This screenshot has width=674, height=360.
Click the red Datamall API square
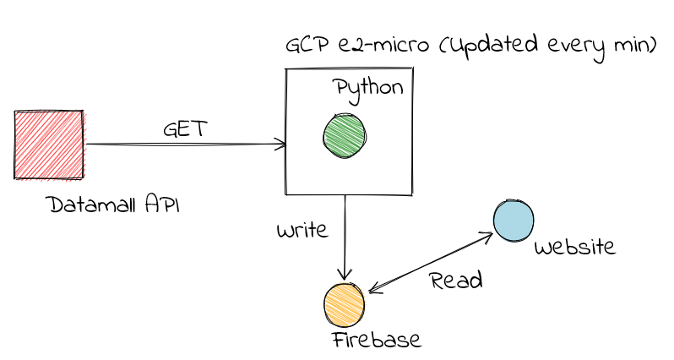click(48, 145)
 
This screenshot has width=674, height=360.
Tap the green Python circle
click(344, 135)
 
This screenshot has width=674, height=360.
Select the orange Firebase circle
click(345, 305)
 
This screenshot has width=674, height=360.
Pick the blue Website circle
click(514, 221)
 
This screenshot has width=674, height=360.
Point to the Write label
click(303, 230)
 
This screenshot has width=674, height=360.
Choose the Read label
click(455, 280)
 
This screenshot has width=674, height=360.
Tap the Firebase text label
click(376, 340)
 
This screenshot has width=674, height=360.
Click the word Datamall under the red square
click(94, 205)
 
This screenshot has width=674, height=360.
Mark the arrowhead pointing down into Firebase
click(344, 275)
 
